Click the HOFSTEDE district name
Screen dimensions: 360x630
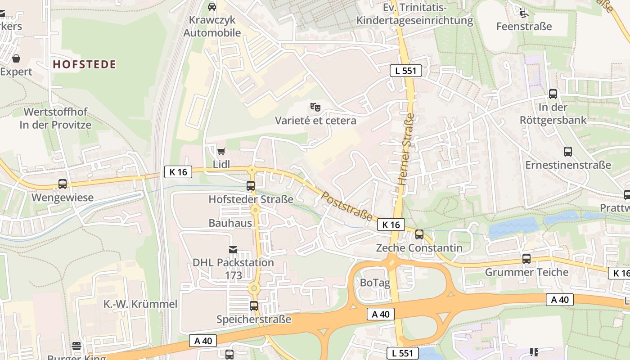click(85, 64)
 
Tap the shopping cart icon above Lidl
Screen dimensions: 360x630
click(221, 151)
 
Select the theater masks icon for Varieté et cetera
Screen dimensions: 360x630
click(315, 107)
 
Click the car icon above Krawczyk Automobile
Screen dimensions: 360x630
click(212, 6)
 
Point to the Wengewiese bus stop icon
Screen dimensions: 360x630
click(63, 184)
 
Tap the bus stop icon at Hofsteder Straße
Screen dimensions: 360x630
click(251, 185)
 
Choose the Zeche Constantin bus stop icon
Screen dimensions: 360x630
click(419, 234)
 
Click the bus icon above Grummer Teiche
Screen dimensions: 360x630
click(526, 259)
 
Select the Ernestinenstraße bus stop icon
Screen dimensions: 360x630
click(568, 152)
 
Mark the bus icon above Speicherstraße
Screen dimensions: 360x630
click(254, 306)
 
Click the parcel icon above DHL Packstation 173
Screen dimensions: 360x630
click(233, 249)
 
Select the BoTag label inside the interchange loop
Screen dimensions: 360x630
click(375, 283)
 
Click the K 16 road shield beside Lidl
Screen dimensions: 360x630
click(178, 171)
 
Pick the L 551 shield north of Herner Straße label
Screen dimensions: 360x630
click(405, 70)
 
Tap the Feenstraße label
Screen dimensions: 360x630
click(524, 26)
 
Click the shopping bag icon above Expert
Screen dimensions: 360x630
click(16, 58)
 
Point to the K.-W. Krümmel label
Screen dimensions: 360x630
click(140, 304)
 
